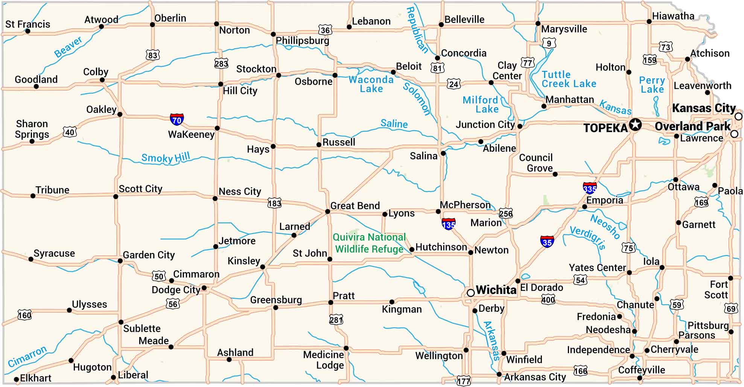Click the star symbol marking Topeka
click(x=635, y=124)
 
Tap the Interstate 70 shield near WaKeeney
click(x=176, y=119)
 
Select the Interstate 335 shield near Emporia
click(x=589, y=187)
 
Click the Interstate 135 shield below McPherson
click(x=448, y=224)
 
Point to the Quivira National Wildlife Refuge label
click(x=369, y=243)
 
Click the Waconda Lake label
click(x=371, y=84)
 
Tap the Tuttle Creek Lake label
click(x=569, y=79)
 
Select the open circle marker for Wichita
click(x=470, y=293)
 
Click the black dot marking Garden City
click(x=120, y=261)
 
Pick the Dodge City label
click(x=176, y=290)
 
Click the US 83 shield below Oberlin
click(x=152, y=55)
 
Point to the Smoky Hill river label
click(x=166, y=157)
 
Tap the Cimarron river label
click(x=27, y=356)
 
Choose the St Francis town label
click(x=27, y=24)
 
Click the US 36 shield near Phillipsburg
click(x=325, y=30)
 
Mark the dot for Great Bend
click(x=327, y=212)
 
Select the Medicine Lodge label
click(x=324, y=360)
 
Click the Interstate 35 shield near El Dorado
click(x=547, y=242)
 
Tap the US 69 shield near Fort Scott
click(x=730, y=309)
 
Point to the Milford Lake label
click(x=481, y=105)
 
